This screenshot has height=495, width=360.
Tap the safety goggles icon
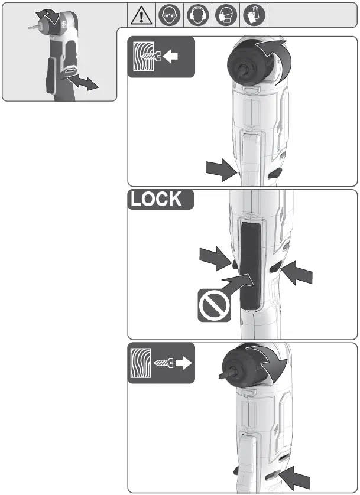click(169, 13)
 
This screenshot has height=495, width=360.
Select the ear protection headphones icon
click(197, 13)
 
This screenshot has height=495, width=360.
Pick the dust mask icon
click(225, 13)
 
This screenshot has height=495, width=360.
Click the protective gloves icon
click(253, 13)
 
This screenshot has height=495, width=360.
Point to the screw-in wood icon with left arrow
click(161, 57)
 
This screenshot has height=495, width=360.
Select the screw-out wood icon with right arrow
click(161, 364)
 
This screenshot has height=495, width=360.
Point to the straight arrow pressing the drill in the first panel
click(221, 171)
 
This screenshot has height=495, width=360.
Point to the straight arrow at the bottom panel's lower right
click(297, 476)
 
